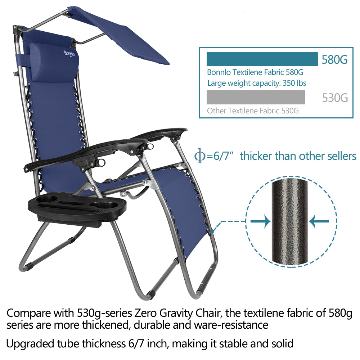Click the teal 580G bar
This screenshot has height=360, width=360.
pos(262,59)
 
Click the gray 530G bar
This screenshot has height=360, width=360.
pos(256,97)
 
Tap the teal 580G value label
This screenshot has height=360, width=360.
pos(335,60)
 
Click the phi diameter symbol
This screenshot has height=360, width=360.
pos(199,156)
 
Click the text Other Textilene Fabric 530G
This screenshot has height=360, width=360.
pos(253,111)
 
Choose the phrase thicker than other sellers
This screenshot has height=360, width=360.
pos(298,156)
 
